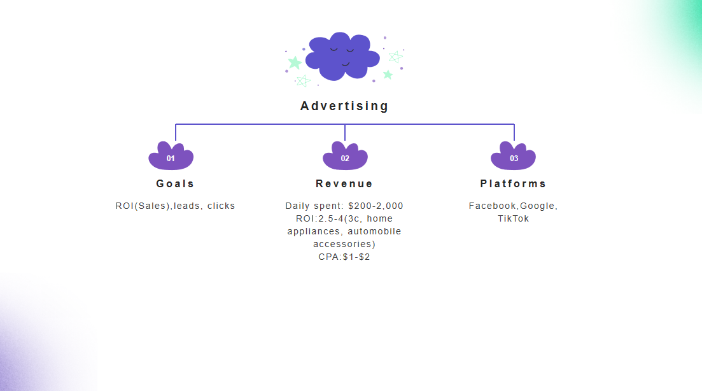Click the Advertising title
tap(344, 106)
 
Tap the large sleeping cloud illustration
tap(342, 56)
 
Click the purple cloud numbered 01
tap(171, 157)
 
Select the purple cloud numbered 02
tap(345, 157)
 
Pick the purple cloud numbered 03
tap(514, 157)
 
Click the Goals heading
tap(175, 183)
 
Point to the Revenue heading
tap(344, 183)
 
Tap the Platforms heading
tap(513, 183)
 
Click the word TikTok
tap(513, 218)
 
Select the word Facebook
tap(493, 206)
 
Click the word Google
tap(538, 206)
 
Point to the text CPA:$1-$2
tap(344, 257)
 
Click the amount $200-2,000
tap(376, 206)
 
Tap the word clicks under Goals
tap(221, 206)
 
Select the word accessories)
tap(344, 244)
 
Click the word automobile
tap(374, 231)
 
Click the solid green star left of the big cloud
tap(295, 62)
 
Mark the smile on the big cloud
tap(346, 63)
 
